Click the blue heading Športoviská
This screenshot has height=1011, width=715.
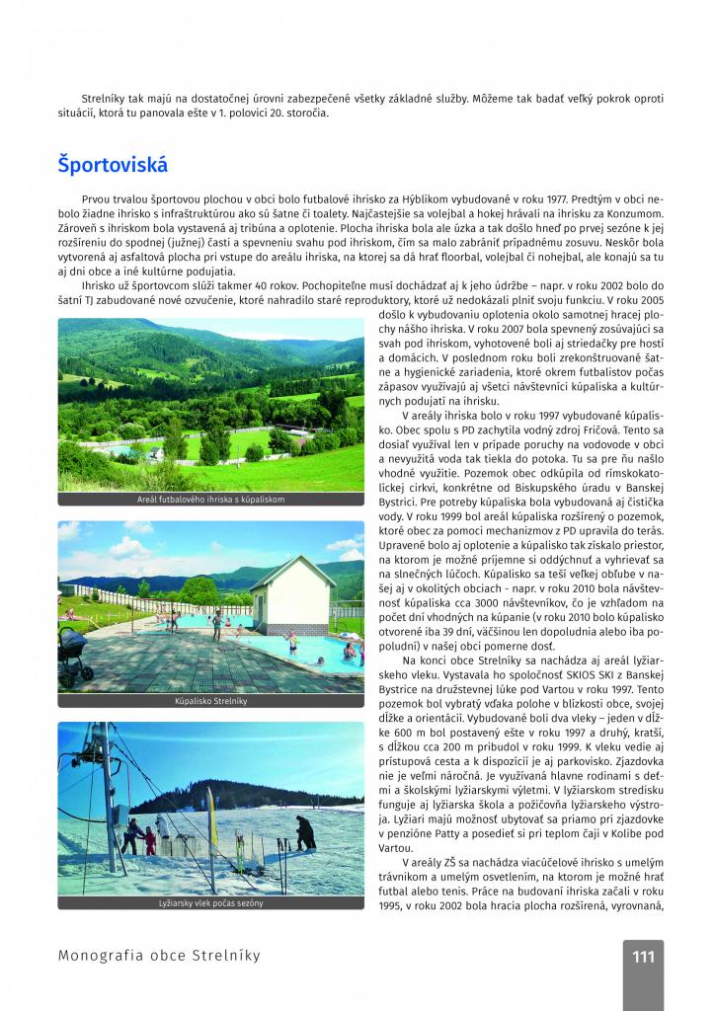pos(113,165)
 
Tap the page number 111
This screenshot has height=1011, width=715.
pos(643,956)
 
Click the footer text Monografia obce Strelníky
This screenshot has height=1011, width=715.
pos(159,956)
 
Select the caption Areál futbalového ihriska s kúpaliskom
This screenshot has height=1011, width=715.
pos(210,500)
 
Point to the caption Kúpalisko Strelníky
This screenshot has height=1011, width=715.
pos(210,701)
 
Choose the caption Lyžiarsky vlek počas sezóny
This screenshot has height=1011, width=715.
pos(210,902)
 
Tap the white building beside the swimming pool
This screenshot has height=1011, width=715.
pos(291,595)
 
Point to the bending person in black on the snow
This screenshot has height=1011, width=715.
pos(306,832)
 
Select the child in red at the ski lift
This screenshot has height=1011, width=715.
pos(150,838)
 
